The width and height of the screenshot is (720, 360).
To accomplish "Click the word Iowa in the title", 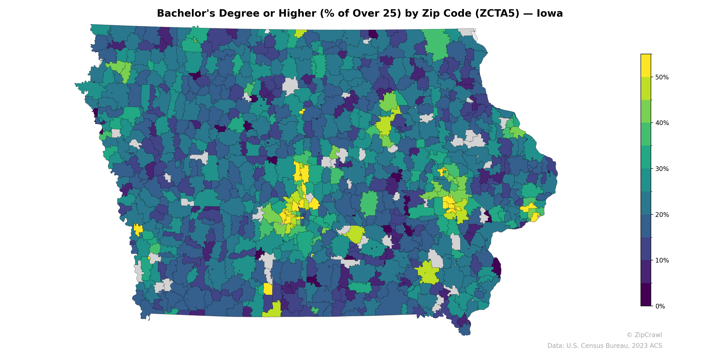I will [549, 13].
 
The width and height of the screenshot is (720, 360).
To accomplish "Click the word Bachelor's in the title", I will [186, 13].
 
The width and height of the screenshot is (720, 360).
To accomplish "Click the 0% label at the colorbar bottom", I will [660, 306].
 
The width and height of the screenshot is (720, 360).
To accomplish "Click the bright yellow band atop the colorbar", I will [646, 65].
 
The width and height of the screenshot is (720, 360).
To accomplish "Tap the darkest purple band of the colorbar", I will [646, 295].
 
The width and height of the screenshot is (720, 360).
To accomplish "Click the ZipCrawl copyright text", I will [644, 335].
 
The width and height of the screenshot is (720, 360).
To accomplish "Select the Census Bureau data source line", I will [605, 346].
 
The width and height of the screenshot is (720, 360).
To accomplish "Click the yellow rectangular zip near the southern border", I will [268, 289].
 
